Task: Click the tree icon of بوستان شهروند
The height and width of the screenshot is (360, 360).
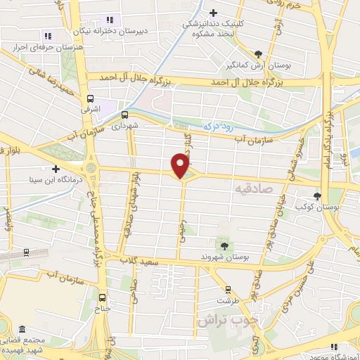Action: (x=224, y=245)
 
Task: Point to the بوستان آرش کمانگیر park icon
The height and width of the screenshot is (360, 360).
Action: (x=259, y=53)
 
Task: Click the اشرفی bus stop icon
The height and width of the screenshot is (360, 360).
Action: (x=89, y=99)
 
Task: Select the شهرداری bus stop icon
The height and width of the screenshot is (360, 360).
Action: (x=124, y=114)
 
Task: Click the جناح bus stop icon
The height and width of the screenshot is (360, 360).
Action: (x=103, y=296)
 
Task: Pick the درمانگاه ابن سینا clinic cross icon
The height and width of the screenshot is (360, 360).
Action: (x=55, y=168)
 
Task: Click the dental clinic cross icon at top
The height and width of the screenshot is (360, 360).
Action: (x=213, y=12)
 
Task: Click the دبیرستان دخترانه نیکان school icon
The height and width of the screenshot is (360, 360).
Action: (x=108, y=20)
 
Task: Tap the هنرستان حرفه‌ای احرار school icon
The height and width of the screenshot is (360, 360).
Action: (x=48, y=35)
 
